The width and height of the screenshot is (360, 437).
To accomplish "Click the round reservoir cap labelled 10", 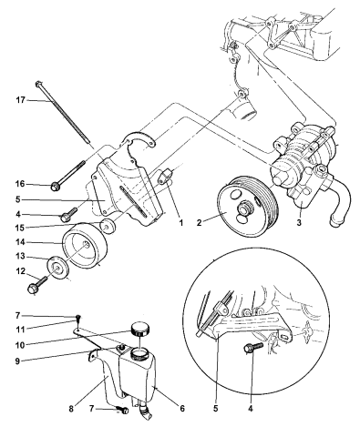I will (x=139, y=328).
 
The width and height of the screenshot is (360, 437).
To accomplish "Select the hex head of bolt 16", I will (x=56, y=185).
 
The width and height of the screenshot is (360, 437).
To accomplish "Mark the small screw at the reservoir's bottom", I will (x=125, y=410).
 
